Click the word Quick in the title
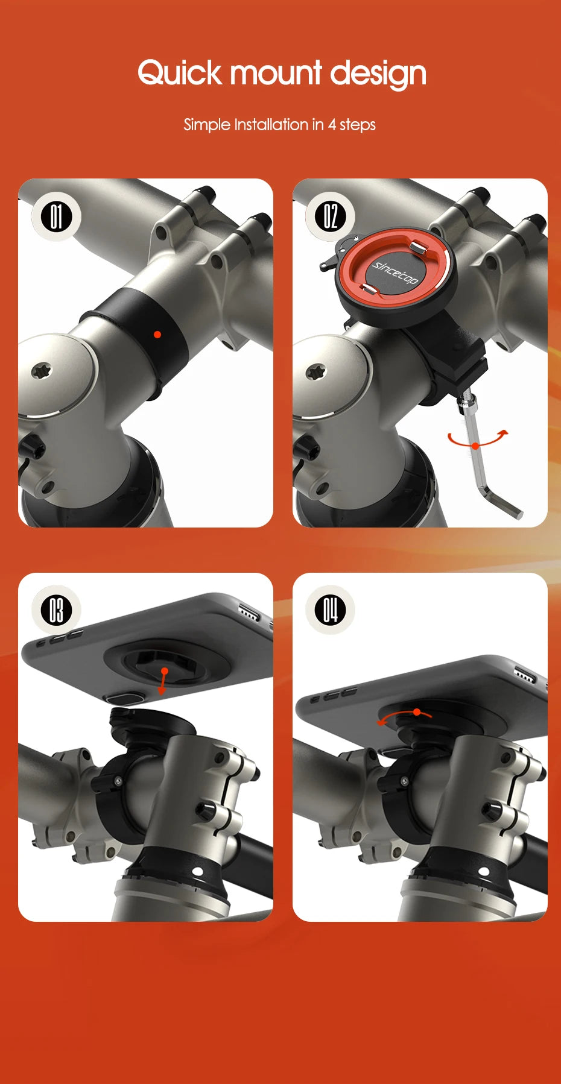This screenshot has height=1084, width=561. pos(179,73)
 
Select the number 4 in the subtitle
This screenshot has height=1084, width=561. pos(332,125)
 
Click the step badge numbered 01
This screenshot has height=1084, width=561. pos(56,216)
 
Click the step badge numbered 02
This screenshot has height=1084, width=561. pos(330,216)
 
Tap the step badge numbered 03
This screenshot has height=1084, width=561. pos(56,610)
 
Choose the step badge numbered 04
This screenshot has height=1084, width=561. pos(330,610)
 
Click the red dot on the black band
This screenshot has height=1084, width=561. pos(157,334)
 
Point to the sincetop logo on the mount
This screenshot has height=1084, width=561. pos(395,273)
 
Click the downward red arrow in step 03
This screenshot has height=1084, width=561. pos(163,681)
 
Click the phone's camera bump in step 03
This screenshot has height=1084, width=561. pos(124,698)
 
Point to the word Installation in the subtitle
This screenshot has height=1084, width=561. pos(271,125)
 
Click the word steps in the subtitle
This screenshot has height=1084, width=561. pos(358,125)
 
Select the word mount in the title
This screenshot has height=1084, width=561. pos(276,73)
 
